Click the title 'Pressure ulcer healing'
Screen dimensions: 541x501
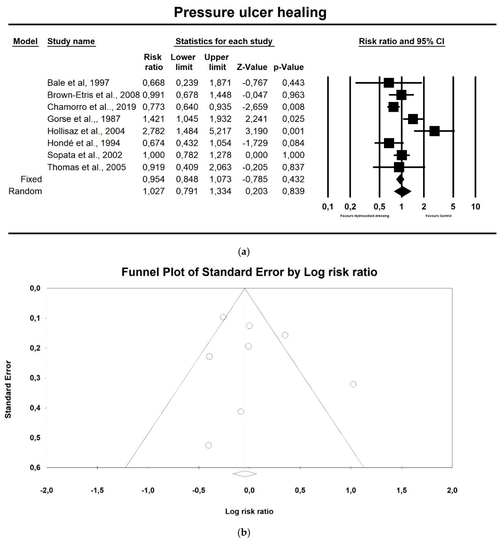250,12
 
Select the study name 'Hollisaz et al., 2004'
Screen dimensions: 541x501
86,131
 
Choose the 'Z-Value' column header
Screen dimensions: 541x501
252,67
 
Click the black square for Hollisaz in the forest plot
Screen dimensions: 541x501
434,131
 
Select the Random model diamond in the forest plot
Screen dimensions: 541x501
402,191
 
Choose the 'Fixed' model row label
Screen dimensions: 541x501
31,179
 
